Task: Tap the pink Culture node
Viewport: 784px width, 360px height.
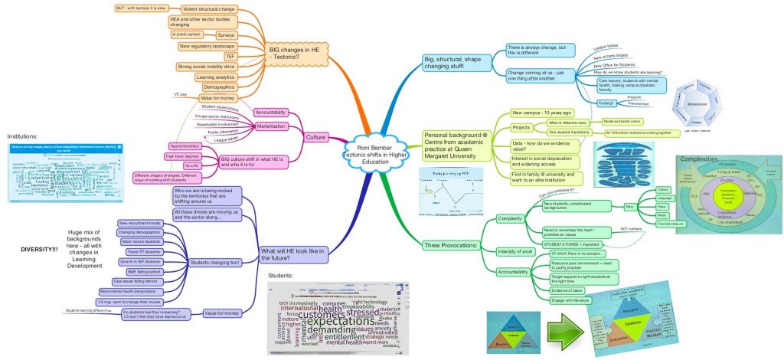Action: point(315,138)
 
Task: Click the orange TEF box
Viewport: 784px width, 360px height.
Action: point(230,56)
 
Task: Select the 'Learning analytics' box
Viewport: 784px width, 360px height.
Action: point(216,77)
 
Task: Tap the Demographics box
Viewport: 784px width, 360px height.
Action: point(220,87)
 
